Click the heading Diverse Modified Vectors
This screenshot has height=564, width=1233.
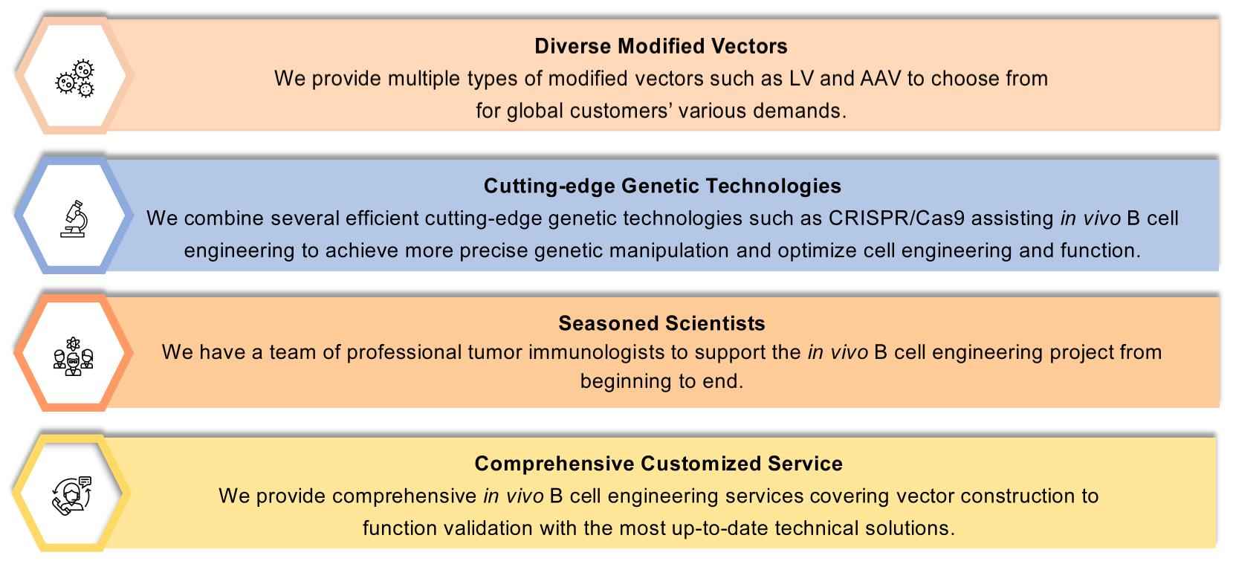pyautogui.click(x=661, y=46)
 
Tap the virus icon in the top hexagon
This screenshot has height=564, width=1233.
pyautogui.click(x=75, y=79)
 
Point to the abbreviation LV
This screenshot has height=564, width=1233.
pyautogui.click(x=801, y=79)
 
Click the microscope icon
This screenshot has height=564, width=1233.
pyautogui.click(x=74, y=219)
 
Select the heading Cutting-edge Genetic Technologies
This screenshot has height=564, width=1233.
pyautogui.click(x=662, y=186)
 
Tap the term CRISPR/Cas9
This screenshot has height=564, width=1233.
pyautogui.click(x=896, y=218)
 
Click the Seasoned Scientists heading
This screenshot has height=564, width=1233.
pyautogui.click(x=661, y=323)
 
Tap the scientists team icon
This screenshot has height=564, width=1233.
pyautogui.click(x=74, y=357)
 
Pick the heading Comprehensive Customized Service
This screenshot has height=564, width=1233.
pyautogui.click(x=658, y=464)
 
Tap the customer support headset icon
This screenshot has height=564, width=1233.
pyautogui.click(x=72, y=495)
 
